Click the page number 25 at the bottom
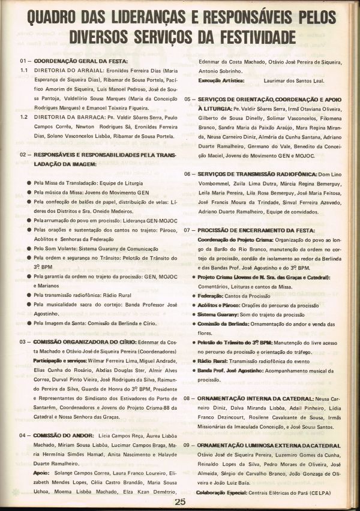pyautogui.click(x=179, y=501)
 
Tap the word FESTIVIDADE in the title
pyautogui.click(x=254, y=38)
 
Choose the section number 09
pyautogui.click(x=188, y=446)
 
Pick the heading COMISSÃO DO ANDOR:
pyautogui.click(x=64, y=435)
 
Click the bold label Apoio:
pyautogui.click(x=41, y=472)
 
